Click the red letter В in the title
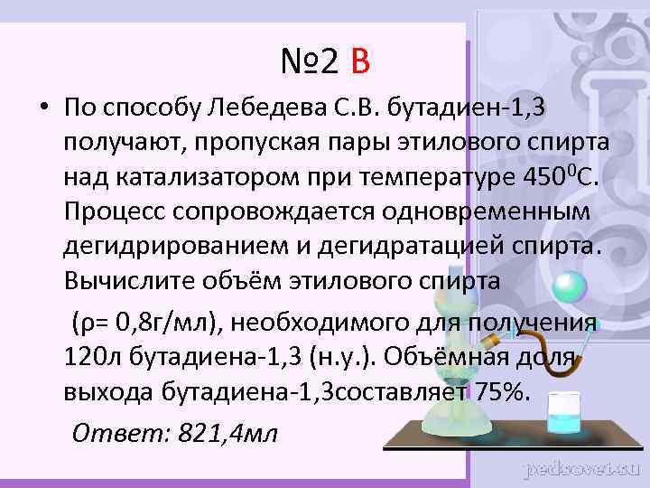(x=360, y=61)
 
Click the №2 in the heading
(x=309, y=61)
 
